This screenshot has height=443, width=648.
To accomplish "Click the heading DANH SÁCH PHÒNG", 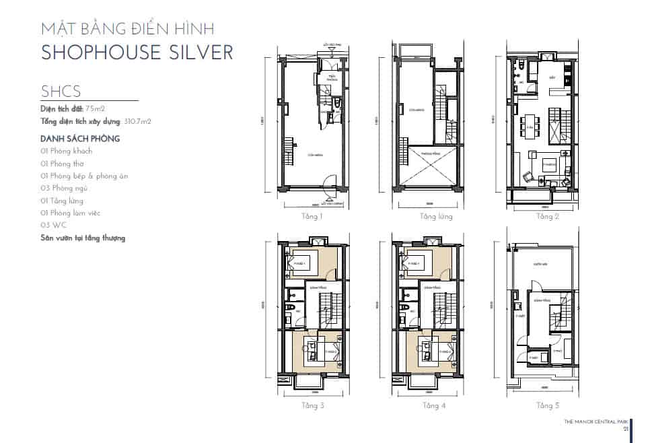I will tap(79, 139).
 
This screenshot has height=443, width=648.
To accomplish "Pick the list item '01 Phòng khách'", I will tap(67, 151).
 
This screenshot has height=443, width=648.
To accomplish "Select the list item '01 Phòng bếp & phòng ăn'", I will tap(84, 176).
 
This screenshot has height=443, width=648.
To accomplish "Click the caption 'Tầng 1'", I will tap(312, 217).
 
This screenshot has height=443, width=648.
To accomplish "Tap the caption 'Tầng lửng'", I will tap(435, 217).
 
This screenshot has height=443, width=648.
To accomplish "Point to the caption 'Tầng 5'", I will tap(548, 405).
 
